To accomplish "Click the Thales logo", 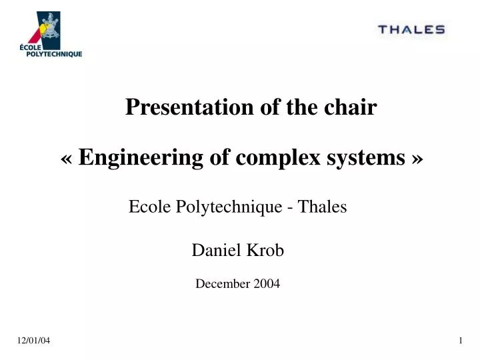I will coord(411,29).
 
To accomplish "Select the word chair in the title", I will coord(353,107).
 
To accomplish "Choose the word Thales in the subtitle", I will coord(323,207).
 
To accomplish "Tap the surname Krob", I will coord(266,250).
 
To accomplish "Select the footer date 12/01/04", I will coord(34,341).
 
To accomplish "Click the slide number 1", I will coord(461,341).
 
